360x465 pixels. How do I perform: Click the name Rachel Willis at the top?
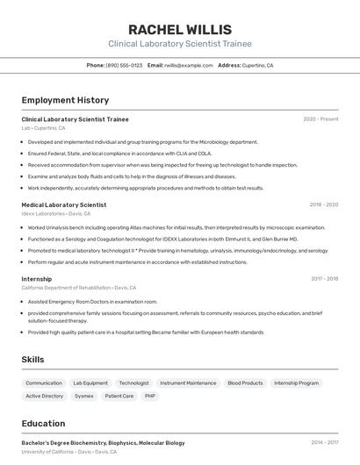tap(179, 29)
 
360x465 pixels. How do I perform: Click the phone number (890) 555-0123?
tap(124, 65)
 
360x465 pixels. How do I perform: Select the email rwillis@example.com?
tap(189, 65)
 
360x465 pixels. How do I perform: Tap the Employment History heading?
tap(65, 100)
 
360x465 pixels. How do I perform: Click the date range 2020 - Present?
tap(320, 118)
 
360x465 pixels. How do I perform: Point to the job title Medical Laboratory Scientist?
tap(64, 204)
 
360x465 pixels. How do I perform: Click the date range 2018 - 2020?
tap(323, 204)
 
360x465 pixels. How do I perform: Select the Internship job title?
tap(37, 279)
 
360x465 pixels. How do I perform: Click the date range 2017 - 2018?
tap(324, 279)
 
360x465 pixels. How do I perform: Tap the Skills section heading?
tap(32, 360)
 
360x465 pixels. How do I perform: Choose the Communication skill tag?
tap(44, 383)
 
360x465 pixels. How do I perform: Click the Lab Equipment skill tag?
tap(90, 383)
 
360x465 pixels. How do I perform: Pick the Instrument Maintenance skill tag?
tap(188, 383)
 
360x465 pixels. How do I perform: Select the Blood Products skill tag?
tap(245, 383)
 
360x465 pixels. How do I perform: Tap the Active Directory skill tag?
tap(45, 396)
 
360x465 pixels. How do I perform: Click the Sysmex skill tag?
tap(84, 396)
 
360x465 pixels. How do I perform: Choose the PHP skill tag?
tap(150, 396)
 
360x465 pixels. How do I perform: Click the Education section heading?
tap(43, 423)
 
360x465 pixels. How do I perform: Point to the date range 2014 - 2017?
tap(324, 443)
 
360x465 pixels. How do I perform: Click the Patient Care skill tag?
tap(119, 396)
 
